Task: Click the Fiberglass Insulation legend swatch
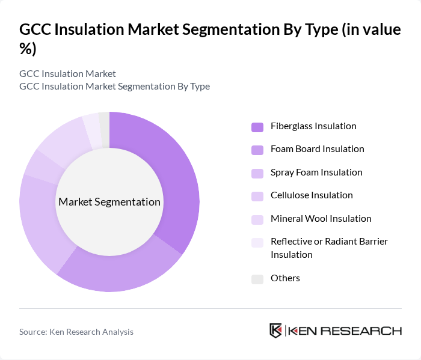[257, 127]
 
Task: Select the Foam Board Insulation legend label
[317, 149]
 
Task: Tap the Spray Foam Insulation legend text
[316, 172]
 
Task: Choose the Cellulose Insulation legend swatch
[257, 196]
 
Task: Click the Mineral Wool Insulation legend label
[321, 219]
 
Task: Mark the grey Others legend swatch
[257, 279]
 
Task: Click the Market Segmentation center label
[109, 202]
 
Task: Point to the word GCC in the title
[38, 30]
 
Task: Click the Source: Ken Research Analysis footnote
[76, 332]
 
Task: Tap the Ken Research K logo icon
[275, 331]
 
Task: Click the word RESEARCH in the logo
[367, 331]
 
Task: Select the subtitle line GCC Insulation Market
[67, 74]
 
